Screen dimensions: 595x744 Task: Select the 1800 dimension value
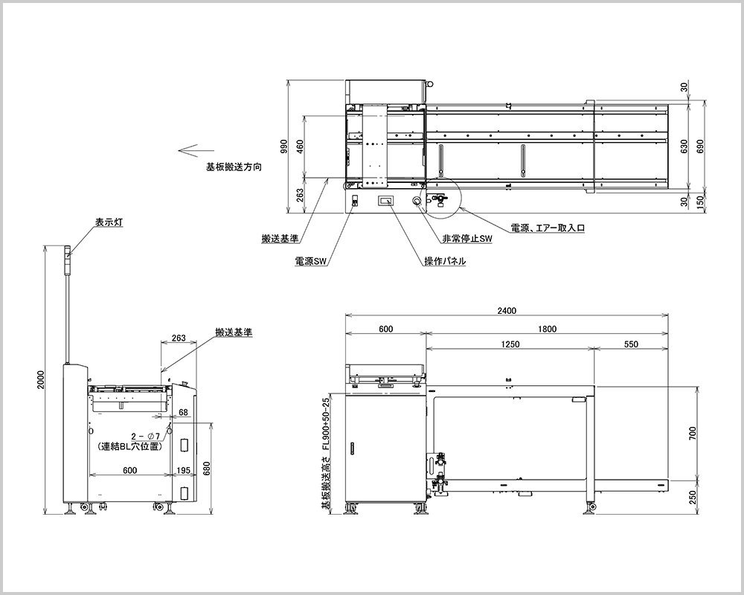[548, 328]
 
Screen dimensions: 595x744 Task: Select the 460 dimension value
[301, 146]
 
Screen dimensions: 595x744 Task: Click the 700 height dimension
[693, 434]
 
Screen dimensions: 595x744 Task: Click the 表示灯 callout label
[109, 222]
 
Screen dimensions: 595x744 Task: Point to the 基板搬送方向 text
[234, 168]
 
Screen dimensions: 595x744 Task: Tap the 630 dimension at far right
[684, 146]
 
